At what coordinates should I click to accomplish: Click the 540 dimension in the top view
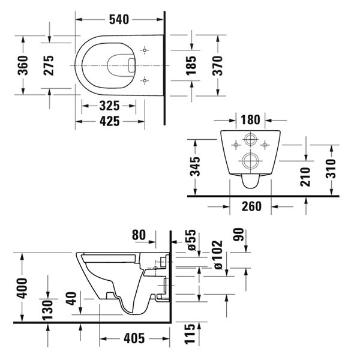(x=118, y=19)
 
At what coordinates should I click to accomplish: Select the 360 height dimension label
(x=22, y=64)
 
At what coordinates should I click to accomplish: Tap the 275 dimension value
(x=49, y=64)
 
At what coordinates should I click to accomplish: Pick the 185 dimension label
(x=191, y=64)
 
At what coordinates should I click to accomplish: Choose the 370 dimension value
(x=217, y=64)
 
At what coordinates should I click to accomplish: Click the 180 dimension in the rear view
(x=250, y=120)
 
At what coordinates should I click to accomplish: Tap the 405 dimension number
(x=133, y=338)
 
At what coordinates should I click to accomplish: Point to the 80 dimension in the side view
(x=140, y=235)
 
